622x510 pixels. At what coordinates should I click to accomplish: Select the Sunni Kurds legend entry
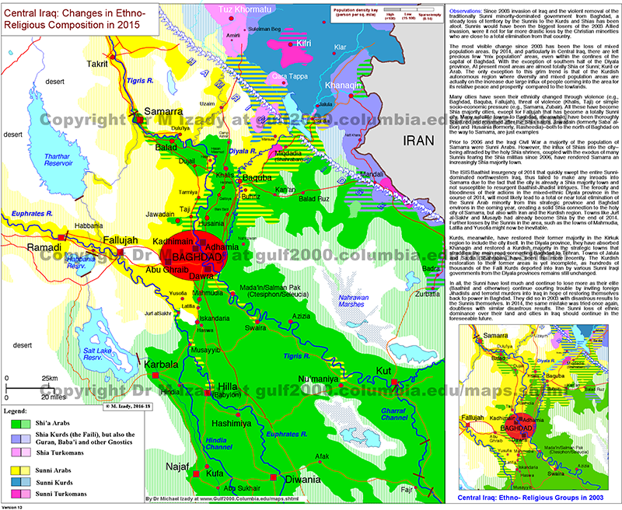[56, 483]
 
